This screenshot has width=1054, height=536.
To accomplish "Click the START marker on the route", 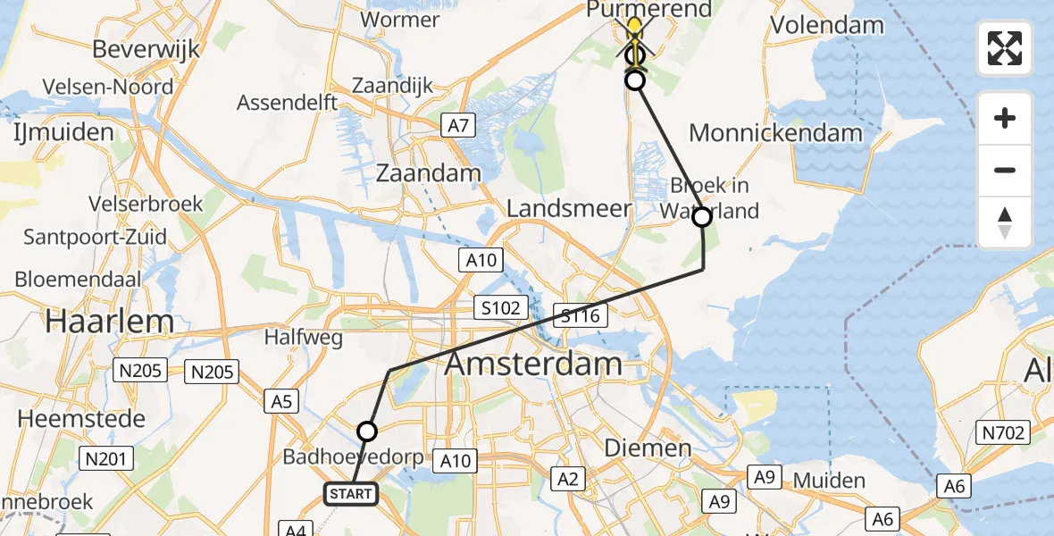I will point(350,494).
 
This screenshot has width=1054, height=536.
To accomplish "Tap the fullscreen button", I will point(1005,48).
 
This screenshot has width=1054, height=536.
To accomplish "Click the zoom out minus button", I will point(1005,170).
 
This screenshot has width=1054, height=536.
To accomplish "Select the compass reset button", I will point(1005,222).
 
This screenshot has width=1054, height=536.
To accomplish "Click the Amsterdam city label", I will point(533,364).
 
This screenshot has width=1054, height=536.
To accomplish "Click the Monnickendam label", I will point(776,133).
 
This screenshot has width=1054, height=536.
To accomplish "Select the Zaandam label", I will point(428,172).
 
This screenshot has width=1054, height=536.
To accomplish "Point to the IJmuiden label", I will point(63,133).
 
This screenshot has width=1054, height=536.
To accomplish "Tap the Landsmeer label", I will point(569,209).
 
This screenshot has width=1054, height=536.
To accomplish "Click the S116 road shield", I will point(581,314).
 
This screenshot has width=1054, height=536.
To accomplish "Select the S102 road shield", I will point(498,308).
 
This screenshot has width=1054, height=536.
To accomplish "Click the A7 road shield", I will point(458,126).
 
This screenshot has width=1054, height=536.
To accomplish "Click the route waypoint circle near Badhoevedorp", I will point(367,432).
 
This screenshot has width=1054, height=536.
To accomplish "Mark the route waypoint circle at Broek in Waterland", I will point(702,217).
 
